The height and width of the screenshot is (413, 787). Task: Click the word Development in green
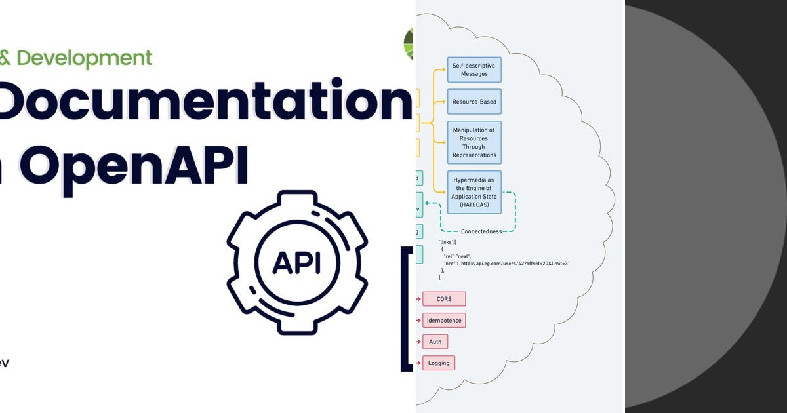85,58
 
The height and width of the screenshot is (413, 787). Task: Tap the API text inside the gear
296,262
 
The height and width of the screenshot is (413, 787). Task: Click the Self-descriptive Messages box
474,69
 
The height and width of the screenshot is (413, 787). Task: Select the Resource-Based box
474,102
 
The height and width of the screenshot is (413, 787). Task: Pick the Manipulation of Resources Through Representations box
474,142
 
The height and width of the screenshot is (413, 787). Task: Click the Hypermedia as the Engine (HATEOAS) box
474,192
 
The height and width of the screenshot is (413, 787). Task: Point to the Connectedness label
481,231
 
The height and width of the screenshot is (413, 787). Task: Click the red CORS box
444,299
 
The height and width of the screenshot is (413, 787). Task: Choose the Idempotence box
444,321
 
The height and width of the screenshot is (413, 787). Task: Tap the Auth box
435,342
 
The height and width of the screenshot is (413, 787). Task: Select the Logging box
439,363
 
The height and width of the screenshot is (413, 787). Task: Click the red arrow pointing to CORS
418,299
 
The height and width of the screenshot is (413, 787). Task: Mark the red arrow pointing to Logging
418,363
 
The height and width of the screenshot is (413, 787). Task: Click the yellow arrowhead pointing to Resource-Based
444,102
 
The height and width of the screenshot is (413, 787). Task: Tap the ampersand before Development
5,58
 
